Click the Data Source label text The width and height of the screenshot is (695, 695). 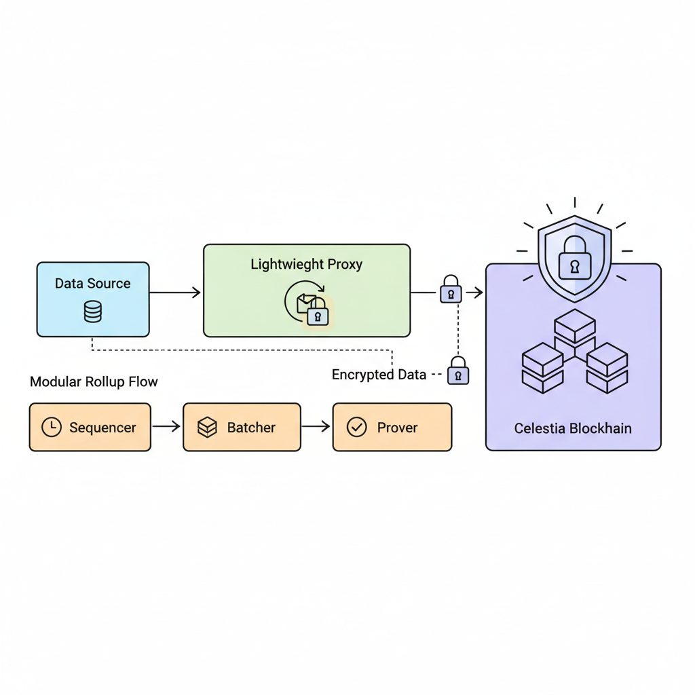coord(92,284)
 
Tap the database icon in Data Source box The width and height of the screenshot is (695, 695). coord(92,312)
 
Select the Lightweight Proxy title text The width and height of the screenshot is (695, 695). coord(306,264)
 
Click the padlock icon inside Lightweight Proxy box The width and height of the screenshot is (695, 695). coord(317,314)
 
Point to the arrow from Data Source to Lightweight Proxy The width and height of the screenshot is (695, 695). coord(175,293)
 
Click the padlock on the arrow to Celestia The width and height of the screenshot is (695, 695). coord(451,290)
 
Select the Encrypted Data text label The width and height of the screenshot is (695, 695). coord(379,375)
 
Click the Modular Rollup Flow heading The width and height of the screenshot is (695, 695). coord(94,381)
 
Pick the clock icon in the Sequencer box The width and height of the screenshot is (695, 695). coord(52,427)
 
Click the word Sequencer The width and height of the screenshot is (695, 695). coord(102,428)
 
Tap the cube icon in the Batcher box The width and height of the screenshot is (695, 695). coord(207,427)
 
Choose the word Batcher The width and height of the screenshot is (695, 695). coord(251,428)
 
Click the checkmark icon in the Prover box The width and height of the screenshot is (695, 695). coord(356,427)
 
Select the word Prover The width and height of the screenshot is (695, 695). coord(397,428)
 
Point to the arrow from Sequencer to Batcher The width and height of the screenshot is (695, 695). coord(166,427)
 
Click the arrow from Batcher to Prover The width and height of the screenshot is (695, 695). coord(316,427)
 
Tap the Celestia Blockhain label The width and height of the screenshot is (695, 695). coord(573,428)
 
